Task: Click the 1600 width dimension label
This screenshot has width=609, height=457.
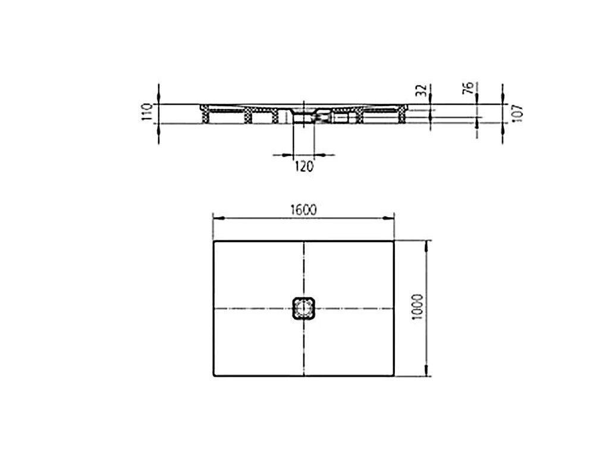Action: [x=304, y=210]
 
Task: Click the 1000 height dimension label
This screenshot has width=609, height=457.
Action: [x=417, y=307]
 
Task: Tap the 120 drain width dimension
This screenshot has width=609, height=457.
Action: [x=304, y=167]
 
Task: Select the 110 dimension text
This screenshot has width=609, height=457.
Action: [x=147, y=112]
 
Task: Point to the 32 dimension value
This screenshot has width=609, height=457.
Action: [x=422, y=90]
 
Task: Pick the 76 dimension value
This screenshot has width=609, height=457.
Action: [x=469, y=88]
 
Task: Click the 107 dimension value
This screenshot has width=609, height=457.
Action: [x=518, y=114]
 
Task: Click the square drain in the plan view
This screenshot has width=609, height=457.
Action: [x=303, y=308]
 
